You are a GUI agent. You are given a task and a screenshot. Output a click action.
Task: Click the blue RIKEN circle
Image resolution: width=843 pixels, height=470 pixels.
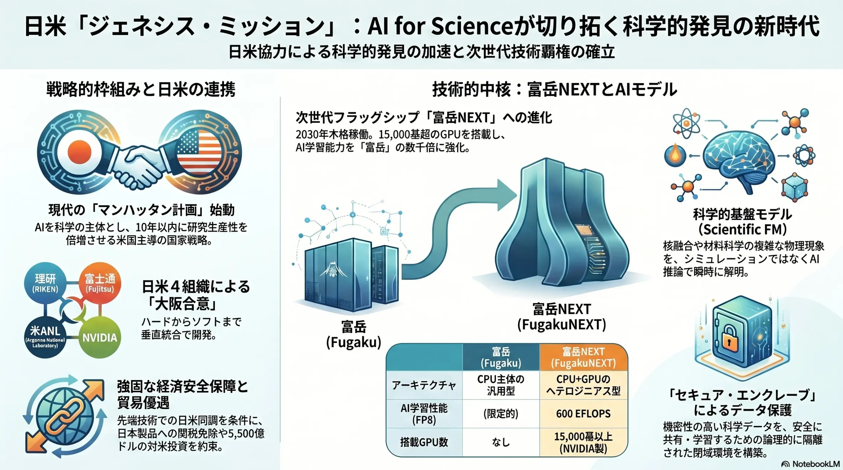(45, 283)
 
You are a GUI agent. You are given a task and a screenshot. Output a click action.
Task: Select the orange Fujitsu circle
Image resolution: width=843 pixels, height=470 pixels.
(100, 283)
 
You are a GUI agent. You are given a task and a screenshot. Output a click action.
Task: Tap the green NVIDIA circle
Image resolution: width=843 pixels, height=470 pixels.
(100, 337)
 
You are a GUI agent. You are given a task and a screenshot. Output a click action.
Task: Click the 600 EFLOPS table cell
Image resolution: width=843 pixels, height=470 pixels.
(584, 413)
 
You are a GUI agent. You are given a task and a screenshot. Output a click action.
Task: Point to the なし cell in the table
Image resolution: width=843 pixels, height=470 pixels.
(501, 442)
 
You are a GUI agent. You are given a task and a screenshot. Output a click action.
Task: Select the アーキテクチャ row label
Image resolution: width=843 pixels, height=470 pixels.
(424, 385)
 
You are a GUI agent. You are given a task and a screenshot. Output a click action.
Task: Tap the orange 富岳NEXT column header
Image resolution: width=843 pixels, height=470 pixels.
(584, 357)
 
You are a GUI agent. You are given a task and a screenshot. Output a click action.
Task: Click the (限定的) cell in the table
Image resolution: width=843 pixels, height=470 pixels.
(501, 413)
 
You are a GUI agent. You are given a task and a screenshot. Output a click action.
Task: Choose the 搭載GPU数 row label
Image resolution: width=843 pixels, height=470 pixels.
(424, 442)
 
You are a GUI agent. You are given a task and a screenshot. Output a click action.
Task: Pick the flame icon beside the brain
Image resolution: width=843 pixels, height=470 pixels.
(675, 155)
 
